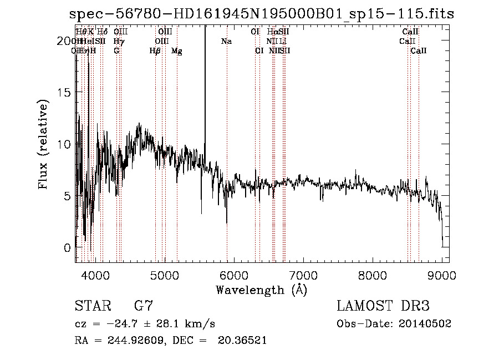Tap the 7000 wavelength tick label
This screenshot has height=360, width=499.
[303, 275]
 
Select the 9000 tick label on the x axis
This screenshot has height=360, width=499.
[442, 275]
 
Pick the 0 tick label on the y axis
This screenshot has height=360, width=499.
[67, 247]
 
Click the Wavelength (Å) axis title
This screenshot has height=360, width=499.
[261, 290]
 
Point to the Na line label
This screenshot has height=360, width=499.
[226, 42]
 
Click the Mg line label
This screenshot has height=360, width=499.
[177, 51]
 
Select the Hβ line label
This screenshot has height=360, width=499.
[155, 51]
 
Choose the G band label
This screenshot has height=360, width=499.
[116, 51]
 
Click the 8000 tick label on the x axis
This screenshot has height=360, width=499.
[373, 275]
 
